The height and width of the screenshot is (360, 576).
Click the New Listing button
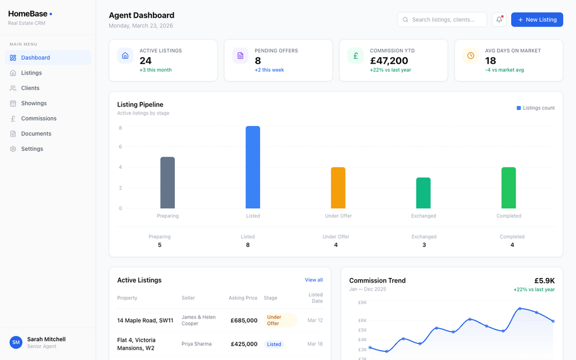click(x=537, y=19)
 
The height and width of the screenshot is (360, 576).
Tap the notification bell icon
click(x=499, y=19)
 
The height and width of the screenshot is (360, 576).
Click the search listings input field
click(x=442, y=19)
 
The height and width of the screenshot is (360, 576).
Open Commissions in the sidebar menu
click(x=38, y=119)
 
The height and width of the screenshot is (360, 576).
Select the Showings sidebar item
click(x=34, y=103)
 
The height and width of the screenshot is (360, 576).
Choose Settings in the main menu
click(x=32, y=149)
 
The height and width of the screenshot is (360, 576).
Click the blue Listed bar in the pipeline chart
click(x=253, y=167)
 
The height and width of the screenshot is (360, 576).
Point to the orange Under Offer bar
click(x=338, y=188)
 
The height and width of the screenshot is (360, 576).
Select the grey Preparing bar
click(x=167, y=183)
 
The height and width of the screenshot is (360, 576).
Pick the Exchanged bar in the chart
click(x=424, y=193)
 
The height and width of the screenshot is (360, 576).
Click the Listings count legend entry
click(x=536, y=108)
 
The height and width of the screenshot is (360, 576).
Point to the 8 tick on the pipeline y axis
click(x=120, y=128)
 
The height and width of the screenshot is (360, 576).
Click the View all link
click(x=314, y=280)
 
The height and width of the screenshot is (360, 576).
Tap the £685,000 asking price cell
click(x=244, y=320)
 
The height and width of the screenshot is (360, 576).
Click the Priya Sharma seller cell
click(x=197, y=344)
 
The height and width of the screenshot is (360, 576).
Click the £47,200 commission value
click(x=389, y=61)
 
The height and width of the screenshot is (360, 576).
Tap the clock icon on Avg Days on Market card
click(x=471, y=56)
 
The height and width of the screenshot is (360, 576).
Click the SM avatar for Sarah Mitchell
click(x=16, y=342)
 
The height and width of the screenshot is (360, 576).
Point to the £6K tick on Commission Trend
click(x=362, y=320)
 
